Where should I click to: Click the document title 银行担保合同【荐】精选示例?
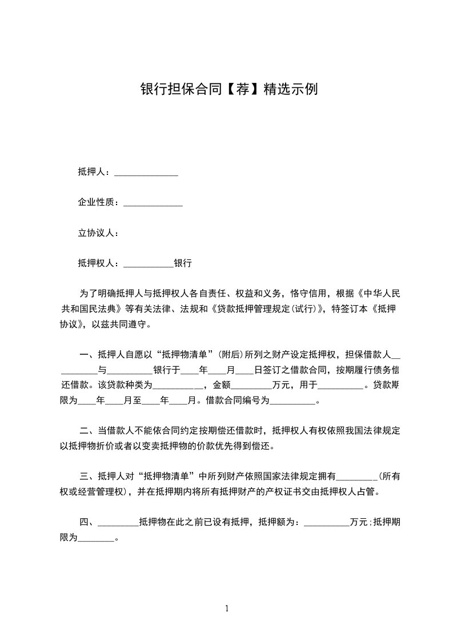click(x=228, y=89)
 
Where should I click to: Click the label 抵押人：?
click(x=96, y=171)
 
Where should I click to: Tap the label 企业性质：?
click(x=100, y=202)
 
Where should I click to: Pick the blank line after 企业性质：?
click(x=153, y=204)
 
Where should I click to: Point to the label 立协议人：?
click(x=98, y=233)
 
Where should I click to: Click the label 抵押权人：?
click(x=100, y=263)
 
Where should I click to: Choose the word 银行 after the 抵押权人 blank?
click(x=183, y=263)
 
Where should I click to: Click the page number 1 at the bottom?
click(x=227, y=608)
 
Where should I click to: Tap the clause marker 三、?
click(x=88, y=476)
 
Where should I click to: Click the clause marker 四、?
click(x=88, y=522)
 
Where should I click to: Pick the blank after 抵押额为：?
click(x=326, y=523)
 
